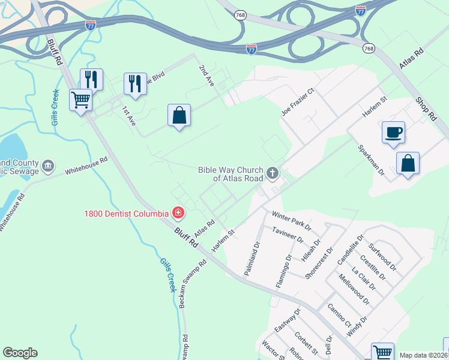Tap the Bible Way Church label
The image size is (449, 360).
[x=231, y=174]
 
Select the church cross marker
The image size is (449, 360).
[x=273, y=174]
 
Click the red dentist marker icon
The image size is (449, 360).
[x=178, y=212]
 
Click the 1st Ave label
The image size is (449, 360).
[x=129, y=116]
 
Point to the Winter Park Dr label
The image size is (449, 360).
[x=292, y=220]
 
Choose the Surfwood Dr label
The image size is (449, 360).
[x=382, y=255]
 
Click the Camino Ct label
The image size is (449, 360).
[x=339, y=315]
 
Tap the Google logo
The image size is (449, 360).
[x=20, y=353]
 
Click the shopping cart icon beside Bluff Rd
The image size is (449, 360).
[x=80, y=100]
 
